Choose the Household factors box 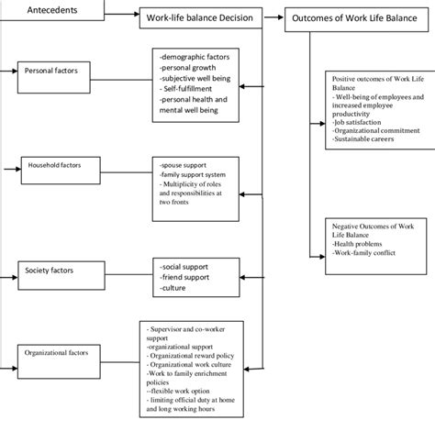point(53,169)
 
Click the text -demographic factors point(195,58)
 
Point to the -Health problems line point(362,241)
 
